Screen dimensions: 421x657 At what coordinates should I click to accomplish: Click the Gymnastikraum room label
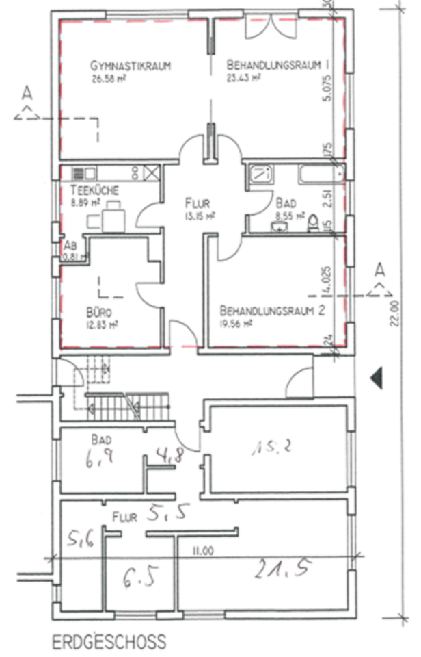coord(130,66)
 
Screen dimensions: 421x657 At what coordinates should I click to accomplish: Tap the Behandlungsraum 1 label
coord(277,64)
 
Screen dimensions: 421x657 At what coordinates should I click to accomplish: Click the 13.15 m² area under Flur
coord(200,215)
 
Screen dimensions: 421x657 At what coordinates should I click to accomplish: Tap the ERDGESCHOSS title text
coord(109,642)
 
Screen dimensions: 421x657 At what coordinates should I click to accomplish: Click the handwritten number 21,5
coord(281,567)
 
